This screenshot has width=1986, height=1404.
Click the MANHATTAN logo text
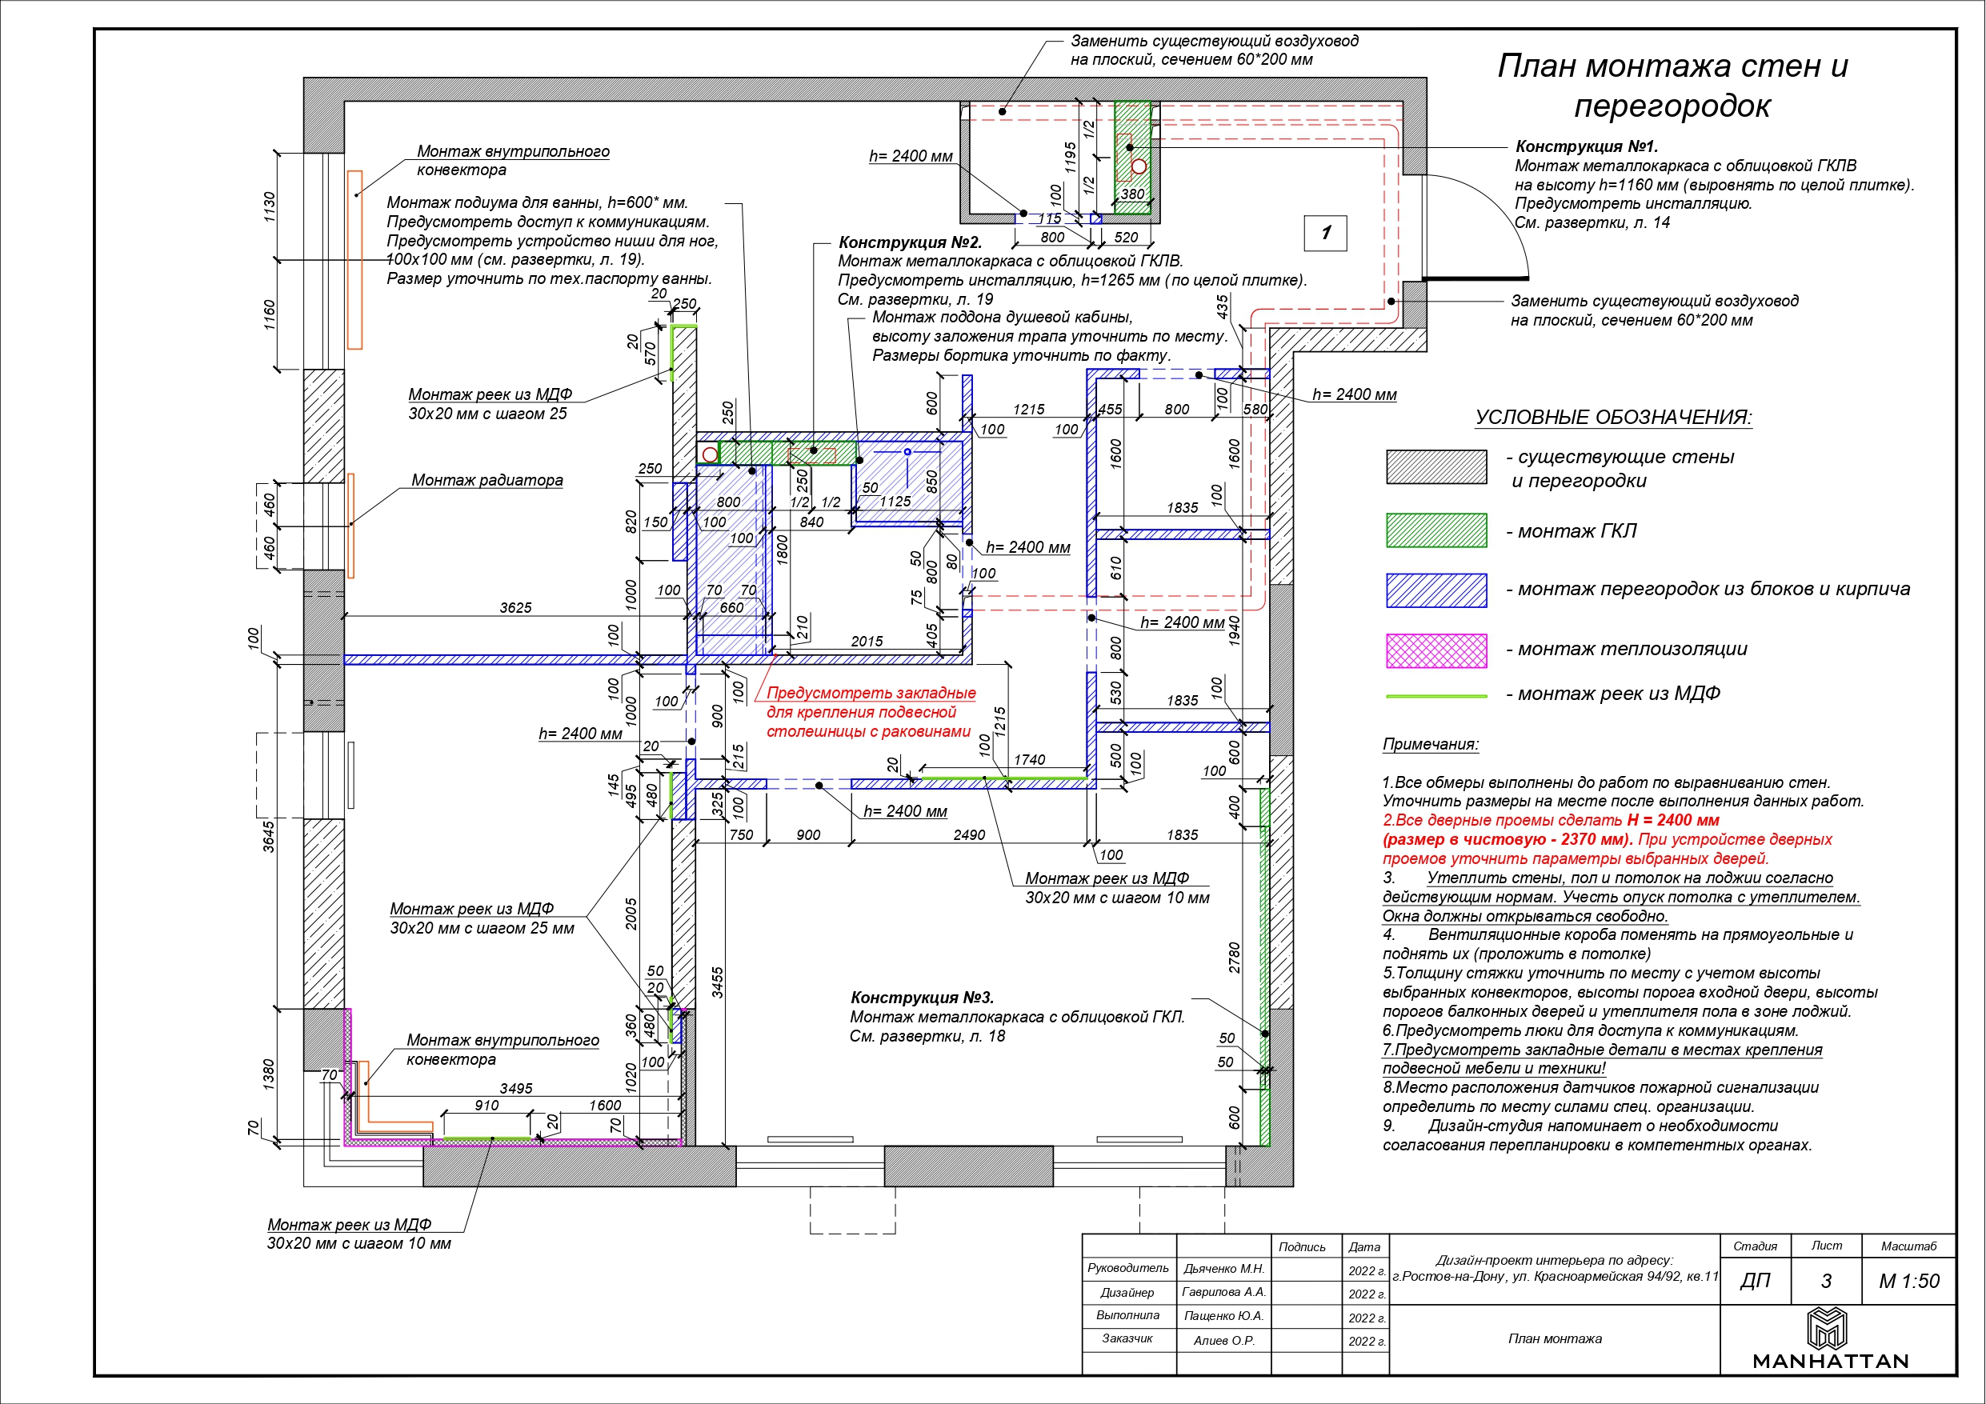pos(1829,1362)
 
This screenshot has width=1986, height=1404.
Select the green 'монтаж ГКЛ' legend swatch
pos(1435,530)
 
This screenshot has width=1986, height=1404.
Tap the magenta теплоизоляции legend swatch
pos(1435,650)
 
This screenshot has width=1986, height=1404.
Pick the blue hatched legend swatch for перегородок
pos(1435,590)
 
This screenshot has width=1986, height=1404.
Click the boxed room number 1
pos(1325,233)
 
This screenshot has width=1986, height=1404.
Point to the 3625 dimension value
pos(515,607)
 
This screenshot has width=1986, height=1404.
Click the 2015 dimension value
pos(867,641)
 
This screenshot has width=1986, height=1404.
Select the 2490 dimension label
pos(969,834)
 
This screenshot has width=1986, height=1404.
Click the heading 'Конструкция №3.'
pos(922,998)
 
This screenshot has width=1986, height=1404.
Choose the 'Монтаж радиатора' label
pos(487,480)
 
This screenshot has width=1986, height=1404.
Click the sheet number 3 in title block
pos(1825,1281)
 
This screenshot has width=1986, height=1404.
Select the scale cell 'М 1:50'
pos(1908,1281)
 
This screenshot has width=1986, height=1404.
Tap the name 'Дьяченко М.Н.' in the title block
pos(1224,1268)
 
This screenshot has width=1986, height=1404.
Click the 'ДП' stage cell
pos(1755,1281)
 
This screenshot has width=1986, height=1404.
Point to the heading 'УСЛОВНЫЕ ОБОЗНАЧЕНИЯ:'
pos(1613,417)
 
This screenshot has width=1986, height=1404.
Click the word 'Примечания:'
pos(1431,744)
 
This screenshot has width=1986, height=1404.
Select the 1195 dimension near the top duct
pos(1071,158)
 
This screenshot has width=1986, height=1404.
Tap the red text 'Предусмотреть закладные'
pos(871,693)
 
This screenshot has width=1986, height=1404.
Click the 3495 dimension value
pos(515,1088)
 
